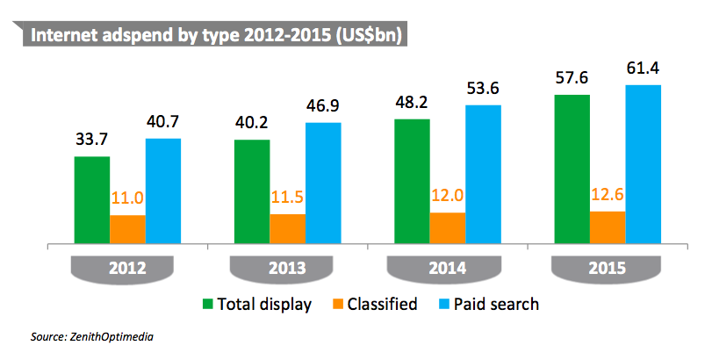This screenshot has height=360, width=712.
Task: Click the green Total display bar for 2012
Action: [92, 199]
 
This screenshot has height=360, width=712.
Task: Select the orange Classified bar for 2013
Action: [287, 228]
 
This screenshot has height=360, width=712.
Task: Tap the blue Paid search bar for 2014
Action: [483, 174]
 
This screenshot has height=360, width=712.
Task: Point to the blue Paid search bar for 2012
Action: [163, 191]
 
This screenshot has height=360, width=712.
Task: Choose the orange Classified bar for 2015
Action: [607, 227]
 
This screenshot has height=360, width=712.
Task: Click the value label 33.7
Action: [92, 138]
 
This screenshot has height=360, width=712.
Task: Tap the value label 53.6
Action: [483, 86]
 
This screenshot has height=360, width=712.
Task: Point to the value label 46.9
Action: [323, 104]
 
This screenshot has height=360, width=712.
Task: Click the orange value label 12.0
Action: [447, 194]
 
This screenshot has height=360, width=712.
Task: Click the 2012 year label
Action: [127, 268]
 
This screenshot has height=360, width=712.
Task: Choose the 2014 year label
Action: [447, 268]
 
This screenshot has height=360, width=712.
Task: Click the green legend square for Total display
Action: [208, 305]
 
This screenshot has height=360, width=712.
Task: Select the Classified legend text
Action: [380, 305]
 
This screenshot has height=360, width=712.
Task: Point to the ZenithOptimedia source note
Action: [97, 336]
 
